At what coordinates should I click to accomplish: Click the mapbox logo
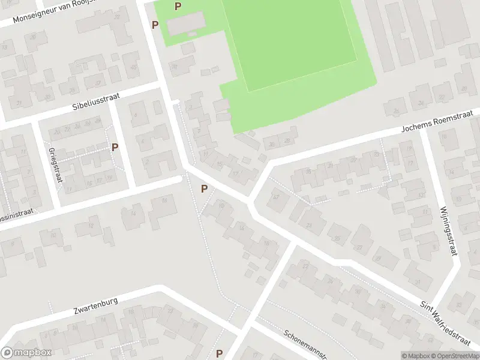(26, 353)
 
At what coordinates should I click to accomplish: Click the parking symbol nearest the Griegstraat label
(115, 147)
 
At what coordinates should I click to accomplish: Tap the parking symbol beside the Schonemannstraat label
(220, 353)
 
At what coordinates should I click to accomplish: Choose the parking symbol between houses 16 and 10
(205, 189)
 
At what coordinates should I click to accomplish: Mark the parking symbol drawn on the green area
(178, 7)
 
